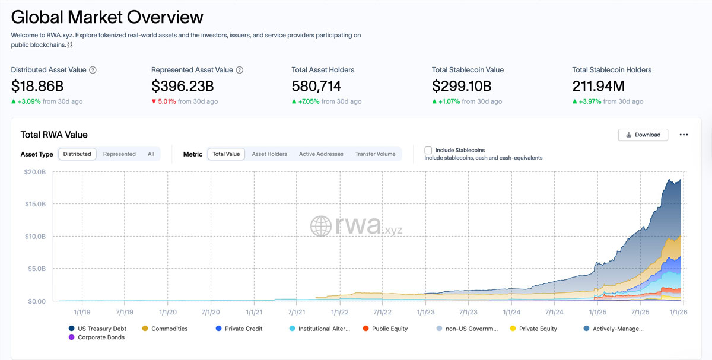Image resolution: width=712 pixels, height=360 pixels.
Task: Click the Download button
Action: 643,135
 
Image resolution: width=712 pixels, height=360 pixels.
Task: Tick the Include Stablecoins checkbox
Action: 428,151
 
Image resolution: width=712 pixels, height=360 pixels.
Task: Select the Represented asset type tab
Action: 119,154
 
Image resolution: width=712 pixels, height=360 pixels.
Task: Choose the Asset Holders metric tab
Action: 269,154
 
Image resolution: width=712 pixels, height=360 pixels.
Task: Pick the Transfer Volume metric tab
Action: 375,154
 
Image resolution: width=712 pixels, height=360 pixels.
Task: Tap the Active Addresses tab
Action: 321,154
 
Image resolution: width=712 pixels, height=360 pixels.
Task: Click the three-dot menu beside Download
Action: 684,135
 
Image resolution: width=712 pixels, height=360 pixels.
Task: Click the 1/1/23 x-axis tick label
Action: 425,311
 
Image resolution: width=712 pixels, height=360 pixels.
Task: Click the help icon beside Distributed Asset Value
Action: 93,70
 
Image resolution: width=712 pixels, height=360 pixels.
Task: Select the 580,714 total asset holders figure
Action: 316,86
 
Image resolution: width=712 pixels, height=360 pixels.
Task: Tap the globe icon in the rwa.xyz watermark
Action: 321,226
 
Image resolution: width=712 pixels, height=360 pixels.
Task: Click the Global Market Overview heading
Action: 107,17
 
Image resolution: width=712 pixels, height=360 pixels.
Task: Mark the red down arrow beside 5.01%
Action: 154,101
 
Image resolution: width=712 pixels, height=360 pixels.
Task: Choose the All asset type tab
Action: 151,154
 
